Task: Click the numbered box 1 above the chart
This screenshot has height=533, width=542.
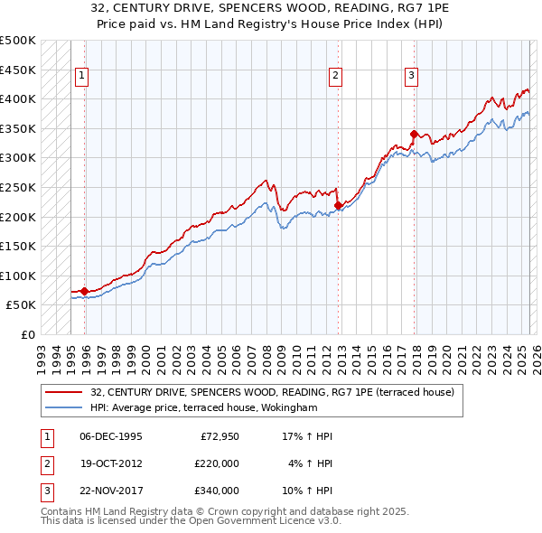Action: tap(81, 77)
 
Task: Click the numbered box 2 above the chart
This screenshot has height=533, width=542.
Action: tap(335, 77)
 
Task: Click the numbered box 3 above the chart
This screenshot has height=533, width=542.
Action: tap(411, 77)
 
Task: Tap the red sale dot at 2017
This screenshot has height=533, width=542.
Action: tap(414, 134)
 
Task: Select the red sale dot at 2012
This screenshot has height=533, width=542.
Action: tap(338, 205)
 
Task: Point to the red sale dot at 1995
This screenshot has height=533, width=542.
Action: tap(84, 291)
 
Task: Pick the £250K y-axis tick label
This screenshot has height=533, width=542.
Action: tap(18, 188)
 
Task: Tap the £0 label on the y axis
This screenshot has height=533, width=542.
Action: tap(27, 335)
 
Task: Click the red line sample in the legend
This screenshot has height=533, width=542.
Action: tap(63, 393)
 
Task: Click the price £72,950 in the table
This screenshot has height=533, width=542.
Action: tap(217, 436)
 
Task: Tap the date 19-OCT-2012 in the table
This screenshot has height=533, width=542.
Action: tap(111, 463)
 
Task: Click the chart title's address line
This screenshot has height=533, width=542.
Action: tap(270, 8)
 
